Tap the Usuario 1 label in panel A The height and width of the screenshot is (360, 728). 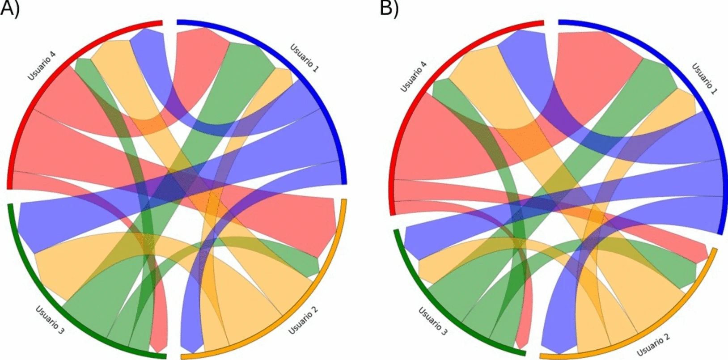[x=305, y=58]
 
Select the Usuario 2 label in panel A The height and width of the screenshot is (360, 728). [x=303, y=322]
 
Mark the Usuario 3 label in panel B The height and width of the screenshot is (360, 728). [x=433, y=321]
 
